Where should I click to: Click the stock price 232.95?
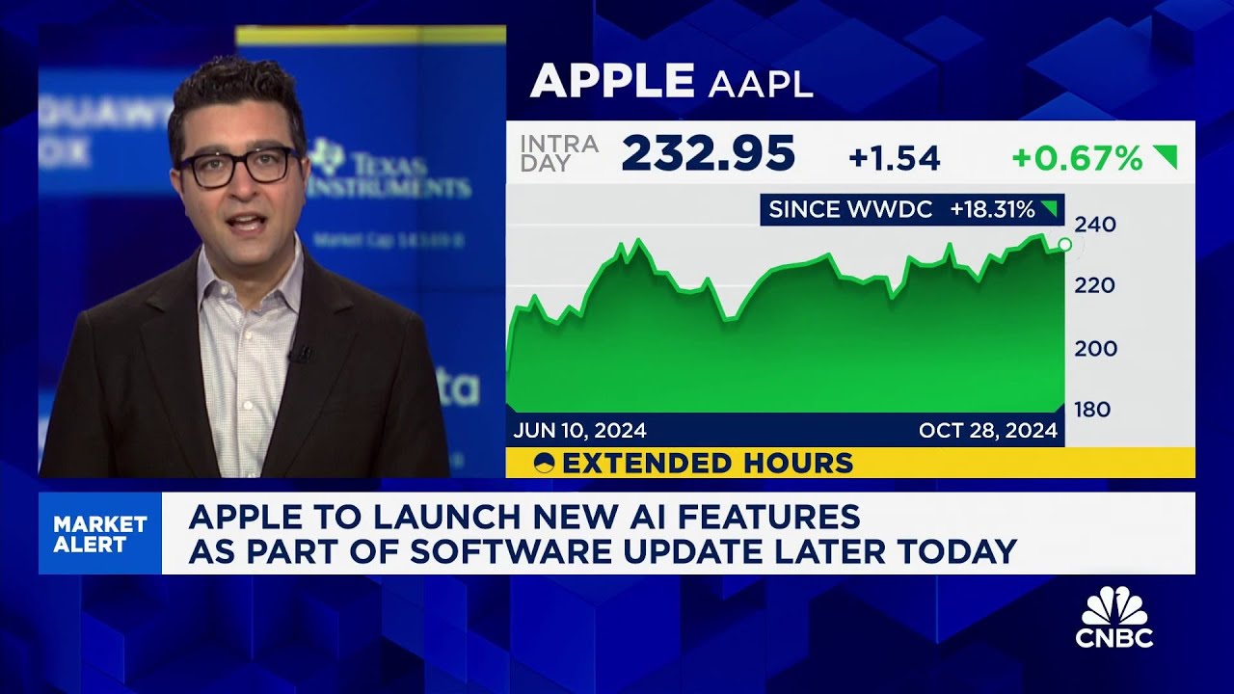(x=709, y=153)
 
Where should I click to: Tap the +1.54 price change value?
(x=894, y=158)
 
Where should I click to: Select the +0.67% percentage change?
(x=1077, y=158)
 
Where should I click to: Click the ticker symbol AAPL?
(x=761, y=84)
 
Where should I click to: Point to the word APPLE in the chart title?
(x=611, y=82)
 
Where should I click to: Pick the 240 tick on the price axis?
(x=1094, y=226)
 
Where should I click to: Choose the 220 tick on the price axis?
(x=1094, y=285)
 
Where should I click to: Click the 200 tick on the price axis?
(x=1095, y=349)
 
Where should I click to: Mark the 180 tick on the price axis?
(x=1094, y=410)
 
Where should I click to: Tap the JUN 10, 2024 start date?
(x=579, y=430)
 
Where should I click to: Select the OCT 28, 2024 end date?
(x=988, y=430)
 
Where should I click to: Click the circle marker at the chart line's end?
(x=1064, y=245)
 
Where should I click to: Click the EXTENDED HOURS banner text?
(x=708, y=464)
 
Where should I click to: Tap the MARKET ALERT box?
(x=100, y=534)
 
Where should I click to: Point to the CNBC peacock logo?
(x=1114, y=609)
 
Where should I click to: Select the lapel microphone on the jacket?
(x=299, y=354)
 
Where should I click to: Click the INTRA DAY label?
(x=558, y=153)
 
